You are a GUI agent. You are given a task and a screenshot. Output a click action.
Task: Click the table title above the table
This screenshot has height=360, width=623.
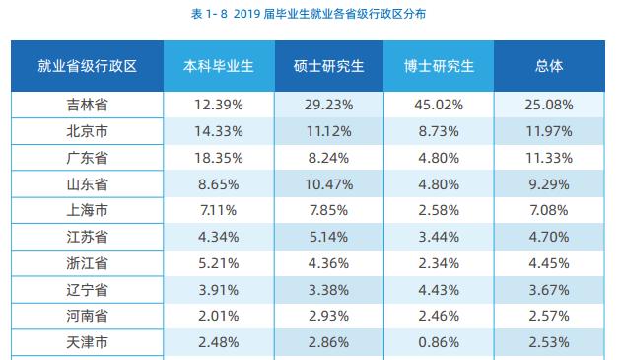click(311, 14)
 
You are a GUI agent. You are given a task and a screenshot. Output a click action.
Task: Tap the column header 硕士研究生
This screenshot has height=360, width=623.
click(329, 68)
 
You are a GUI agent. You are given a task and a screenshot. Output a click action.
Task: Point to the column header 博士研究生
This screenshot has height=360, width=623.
click(440, 68)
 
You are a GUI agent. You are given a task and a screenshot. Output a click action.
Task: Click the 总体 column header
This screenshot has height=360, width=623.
click(549, 68)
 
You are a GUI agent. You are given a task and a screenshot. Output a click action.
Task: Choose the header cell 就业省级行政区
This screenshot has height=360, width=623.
click(87, 68)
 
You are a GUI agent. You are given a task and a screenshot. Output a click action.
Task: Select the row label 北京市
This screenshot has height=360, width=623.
click(87, 131)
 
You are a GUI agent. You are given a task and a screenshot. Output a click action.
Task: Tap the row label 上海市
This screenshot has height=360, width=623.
click(87, 210)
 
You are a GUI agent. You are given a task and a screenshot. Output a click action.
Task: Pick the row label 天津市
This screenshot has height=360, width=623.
click(87, 341)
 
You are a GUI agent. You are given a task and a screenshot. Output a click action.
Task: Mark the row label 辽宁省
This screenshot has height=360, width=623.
click(87, 289)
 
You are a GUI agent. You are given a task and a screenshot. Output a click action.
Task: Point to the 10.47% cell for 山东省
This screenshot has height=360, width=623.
click(329, 183)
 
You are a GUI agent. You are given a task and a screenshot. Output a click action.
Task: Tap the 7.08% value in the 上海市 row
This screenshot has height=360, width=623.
click(549, 210)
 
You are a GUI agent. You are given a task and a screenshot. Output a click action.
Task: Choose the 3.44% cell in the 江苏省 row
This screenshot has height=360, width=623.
click(440, 237)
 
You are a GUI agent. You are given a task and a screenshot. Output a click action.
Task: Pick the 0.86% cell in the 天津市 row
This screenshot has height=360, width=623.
click(440, 341)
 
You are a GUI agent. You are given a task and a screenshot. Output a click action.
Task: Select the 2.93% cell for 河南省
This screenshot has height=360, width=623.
click(329, 316)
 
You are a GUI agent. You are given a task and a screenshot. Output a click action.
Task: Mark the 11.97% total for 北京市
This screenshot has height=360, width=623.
click(549, 131)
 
